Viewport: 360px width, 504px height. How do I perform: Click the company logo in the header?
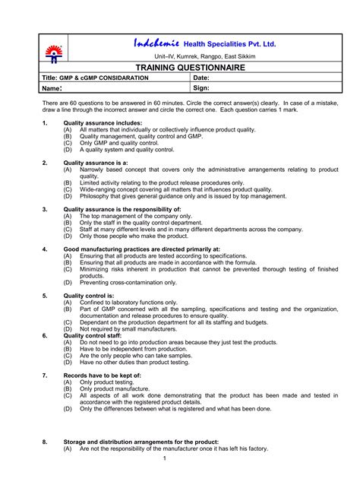pos(54,52)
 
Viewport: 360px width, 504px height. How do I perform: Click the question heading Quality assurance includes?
pos(103,122)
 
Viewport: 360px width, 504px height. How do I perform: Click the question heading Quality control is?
pos(89,295)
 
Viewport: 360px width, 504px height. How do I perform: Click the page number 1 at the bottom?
pos(165,458)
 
